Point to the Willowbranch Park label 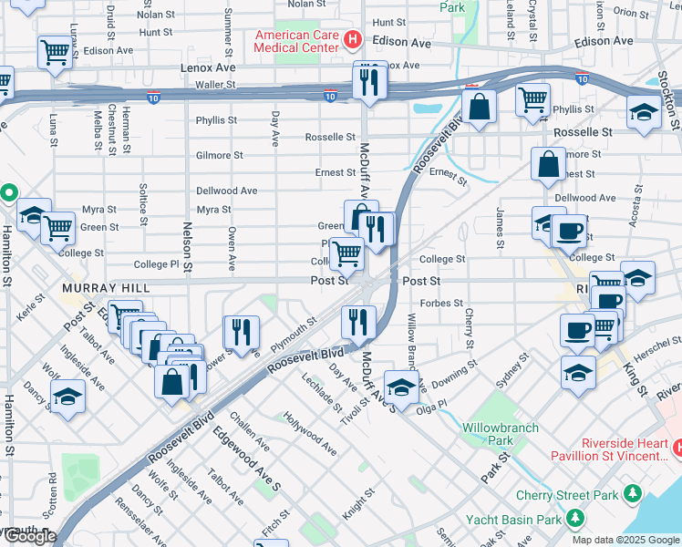(x=500, y=434)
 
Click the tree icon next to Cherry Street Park (x=631, y=495)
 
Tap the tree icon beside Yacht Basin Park (x=575, y=520)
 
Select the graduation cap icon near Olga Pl (x=401, y=386)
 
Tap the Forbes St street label (x=441, y=303)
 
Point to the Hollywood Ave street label (x=309, y=432)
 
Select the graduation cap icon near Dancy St (x=67, y=398)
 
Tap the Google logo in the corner (x=29, y=536)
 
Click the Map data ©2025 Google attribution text (x=625, y=540)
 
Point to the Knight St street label (x=357, y=506)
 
